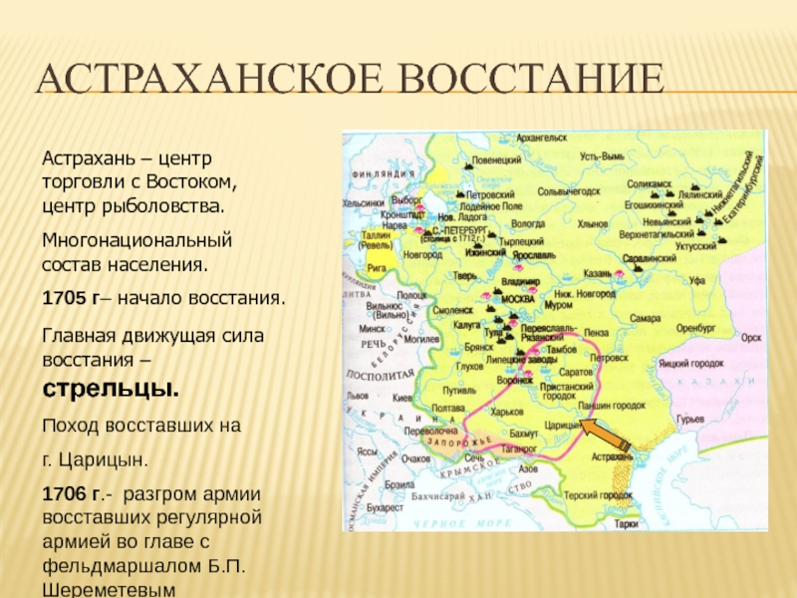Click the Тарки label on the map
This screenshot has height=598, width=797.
tap(625, 522)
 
